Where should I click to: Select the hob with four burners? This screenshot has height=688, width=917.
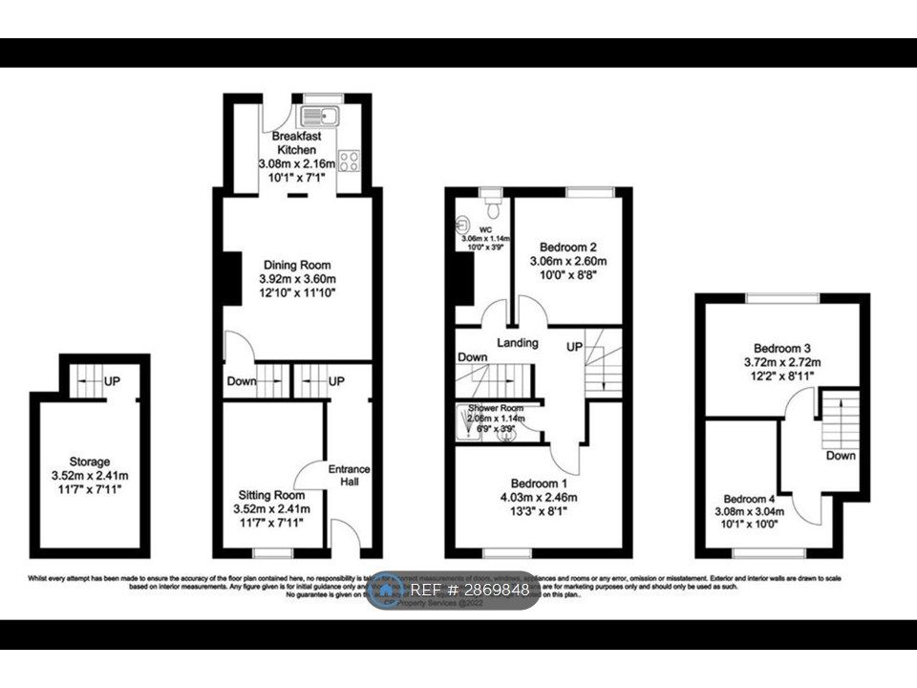point(348,161)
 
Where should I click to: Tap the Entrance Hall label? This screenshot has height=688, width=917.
point(349,476)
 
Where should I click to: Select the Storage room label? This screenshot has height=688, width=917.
point(89,462)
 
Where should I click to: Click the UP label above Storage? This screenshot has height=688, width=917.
point(112,381)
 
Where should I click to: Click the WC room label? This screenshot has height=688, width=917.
point(486,229)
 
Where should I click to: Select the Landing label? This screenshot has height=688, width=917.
point(518,342)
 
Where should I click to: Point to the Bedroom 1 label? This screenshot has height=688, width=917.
point(539,483)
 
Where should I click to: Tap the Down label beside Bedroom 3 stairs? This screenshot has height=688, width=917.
point(841,456)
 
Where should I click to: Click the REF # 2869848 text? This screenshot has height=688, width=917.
point(469,591)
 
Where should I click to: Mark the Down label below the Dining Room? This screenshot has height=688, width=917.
point(242,381)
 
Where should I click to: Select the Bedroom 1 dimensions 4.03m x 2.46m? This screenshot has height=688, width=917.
point(539,497)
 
